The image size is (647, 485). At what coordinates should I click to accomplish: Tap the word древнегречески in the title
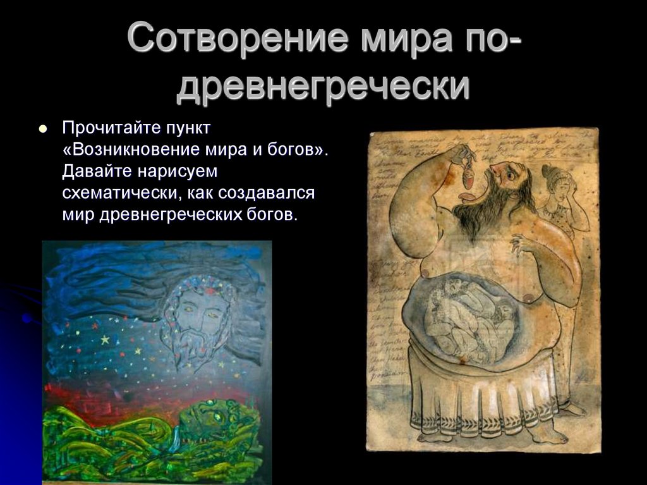click(323, 87)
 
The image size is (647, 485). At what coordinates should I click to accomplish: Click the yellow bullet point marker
click(43, 128)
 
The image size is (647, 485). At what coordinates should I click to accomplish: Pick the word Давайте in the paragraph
click(95, 171)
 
